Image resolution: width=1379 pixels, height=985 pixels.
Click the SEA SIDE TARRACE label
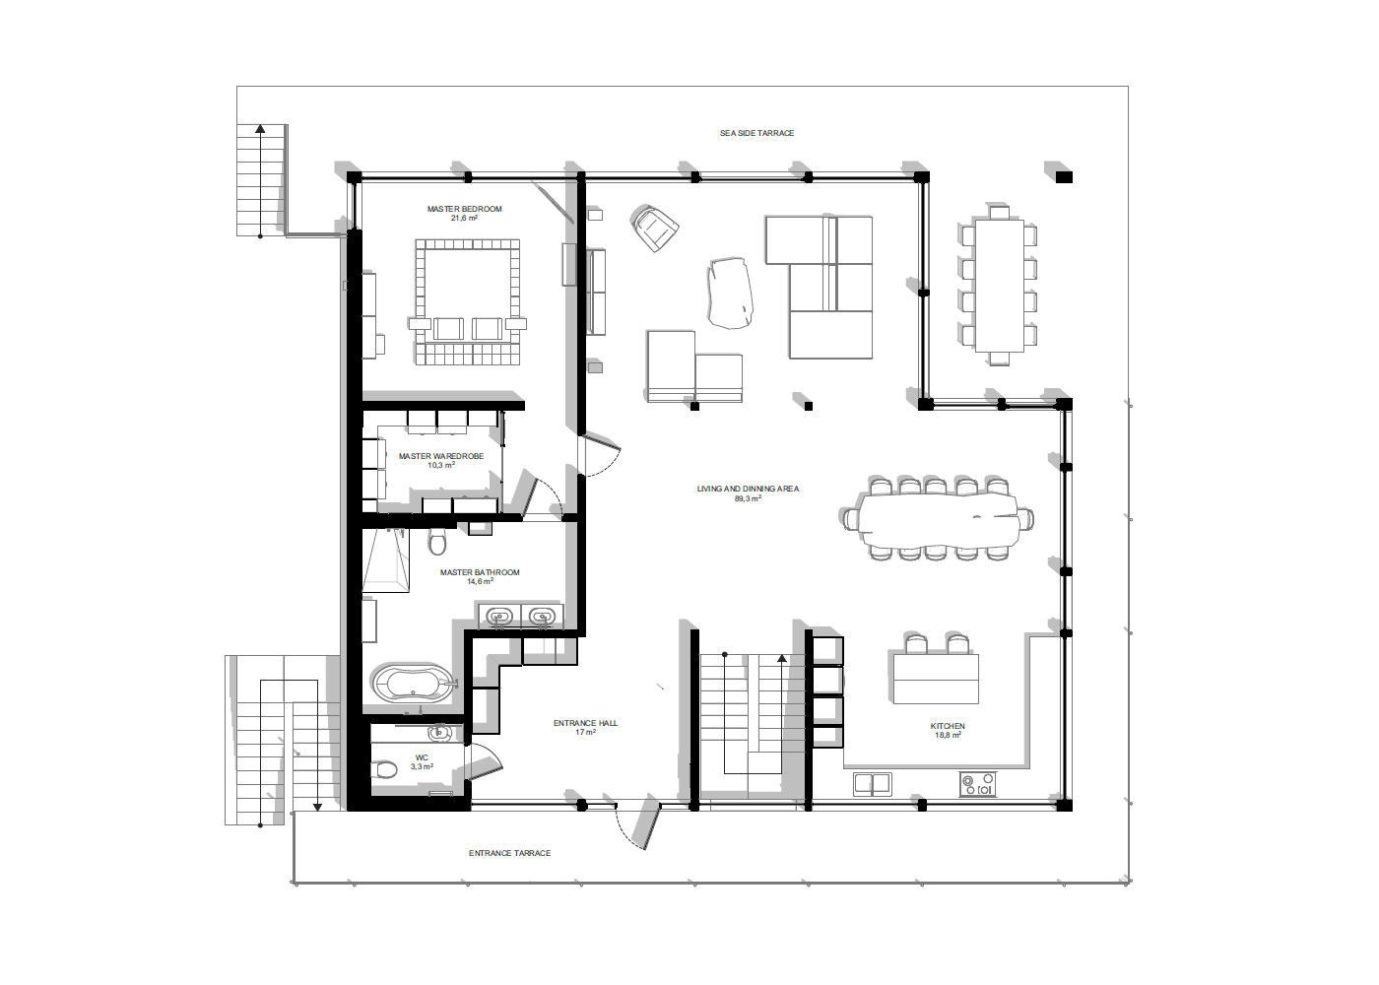756,133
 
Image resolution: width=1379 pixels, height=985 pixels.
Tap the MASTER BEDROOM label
464,209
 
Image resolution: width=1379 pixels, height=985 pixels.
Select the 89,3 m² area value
748,498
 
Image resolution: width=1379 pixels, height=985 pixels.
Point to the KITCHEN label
948,727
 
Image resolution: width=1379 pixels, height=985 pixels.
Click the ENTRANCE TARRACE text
510,853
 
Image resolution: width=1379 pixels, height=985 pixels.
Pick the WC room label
422,757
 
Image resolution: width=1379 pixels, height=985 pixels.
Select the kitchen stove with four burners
977,784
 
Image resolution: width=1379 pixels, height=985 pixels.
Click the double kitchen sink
873,784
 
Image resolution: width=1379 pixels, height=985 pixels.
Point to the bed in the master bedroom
467,301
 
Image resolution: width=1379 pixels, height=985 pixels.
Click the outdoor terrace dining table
999,286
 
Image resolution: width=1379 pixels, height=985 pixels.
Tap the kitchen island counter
936,679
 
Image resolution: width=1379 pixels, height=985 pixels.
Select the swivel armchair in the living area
654,228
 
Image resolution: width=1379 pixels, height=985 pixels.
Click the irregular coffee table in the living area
730,294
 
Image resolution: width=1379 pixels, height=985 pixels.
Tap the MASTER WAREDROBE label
441,456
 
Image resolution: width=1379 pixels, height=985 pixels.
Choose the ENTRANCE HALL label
585,723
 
